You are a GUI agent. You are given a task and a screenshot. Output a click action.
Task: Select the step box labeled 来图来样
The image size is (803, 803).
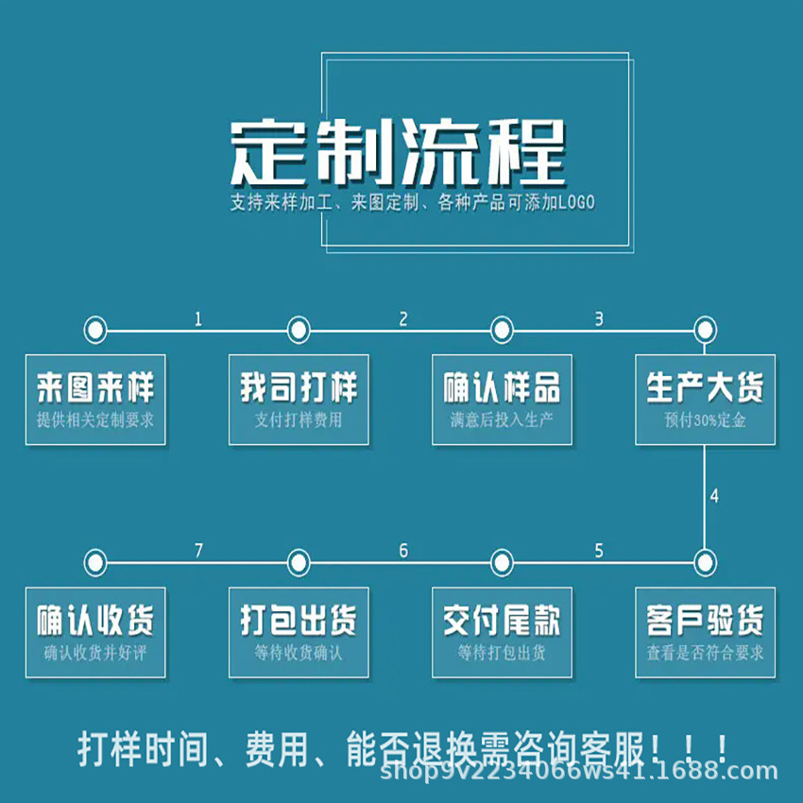(x=94, y=399)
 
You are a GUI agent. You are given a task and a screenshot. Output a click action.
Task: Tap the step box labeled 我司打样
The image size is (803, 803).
(x=299, y=399)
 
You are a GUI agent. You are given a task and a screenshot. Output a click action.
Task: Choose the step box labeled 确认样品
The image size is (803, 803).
(x=502, y=399)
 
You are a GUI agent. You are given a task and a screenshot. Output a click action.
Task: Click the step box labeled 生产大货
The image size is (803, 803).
(x=705, y=399)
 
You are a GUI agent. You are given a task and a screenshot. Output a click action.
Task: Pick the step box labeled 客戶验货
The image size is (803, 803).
(x=705, y=631)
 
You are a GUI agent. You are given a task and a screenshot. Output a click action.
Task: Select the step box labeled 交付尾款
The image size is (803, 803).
(x=502, y=631)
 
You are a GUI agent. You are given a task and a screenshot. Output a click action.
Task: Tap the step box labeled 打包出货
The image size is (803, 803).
(x=299, y=631)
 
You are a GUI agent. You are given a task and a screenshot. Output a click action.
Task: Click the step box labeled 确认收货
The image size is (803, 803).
(x=94, y=631)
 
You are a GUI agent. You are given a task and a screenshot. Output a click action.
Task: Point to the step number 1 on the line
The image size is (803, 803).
(x=198, y=319)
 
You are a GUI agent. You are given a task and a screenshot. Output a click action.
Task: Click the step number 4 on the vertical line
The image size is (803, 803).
(x=714, y=496)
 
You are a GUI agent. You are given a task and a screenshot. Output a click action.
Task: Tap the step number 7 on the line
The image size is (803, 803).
(x=198, y=551)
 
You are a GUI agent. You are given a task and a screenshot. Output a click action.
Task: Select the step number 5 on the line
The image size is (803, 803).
(x=599, y=551)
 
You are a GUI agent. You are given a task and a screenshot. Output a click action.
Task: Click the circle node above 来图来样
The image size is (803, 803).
(x=94, y=331)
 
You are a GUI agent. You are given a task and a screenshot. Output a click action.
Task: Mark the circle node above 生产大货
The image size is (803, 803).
(x=705, y=331)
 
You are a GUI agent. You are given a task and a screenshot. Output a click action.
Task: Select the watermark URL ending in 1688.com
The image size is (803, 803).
(x=578, y=773)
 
